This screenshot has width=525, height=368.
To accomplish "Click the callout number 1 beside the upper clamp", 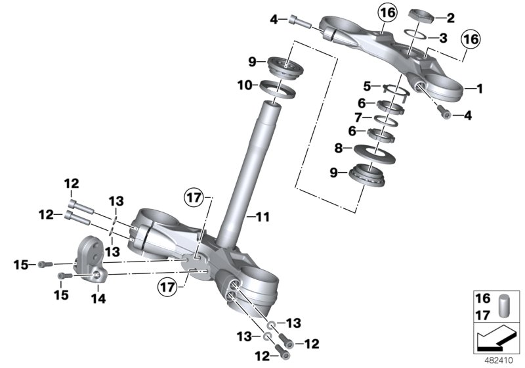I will click(479, 87).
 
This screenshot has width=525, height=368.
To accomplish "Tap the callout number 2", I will click(450, 18).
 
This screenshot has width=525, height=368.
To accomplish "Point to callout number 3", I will click(443, 37).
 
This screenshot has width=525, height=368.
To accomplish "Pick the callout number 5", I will click(367, 85).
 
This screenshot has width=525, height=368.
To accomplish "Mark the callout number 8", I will click(357, 149).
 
